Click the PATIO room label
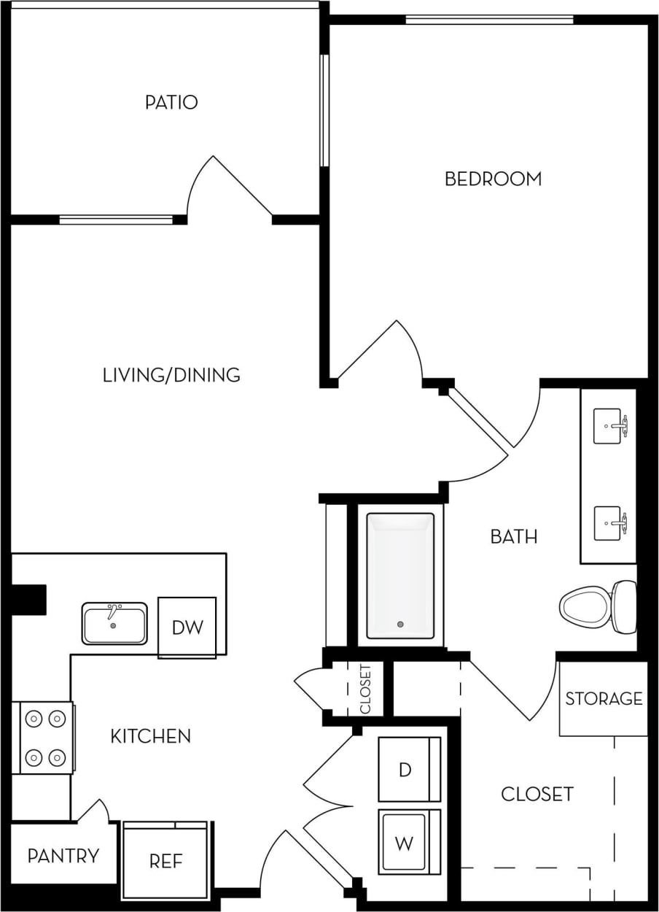[171, 102]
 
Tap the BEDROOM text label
[493, 179]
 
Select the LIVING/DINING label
[171, 375]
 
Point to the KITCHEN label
[150, 736]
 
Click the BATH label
[513, 537]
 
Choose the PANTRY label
[63, 856]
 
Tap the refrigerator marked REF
[166, 861]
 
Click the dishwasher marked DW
[187, 627]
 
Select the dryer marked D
[405, 770]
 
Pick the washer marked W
[404, 843]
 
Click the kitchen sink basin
[114, 624]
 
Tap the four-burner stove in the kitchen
[44, 737]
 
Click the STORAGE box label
[604, 699]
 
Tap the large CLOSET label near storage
[537, 794]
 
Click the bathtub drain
[399, 624]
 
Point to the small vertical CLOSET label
[366, 688]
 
